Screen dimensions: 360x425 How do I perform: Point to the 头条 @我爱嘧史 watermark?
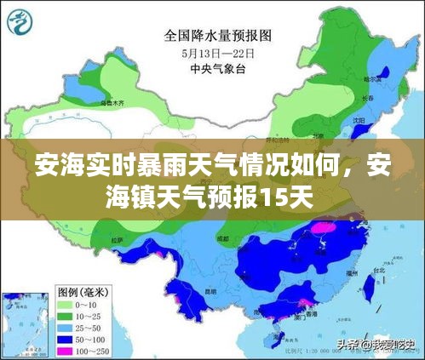[375, 345]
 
